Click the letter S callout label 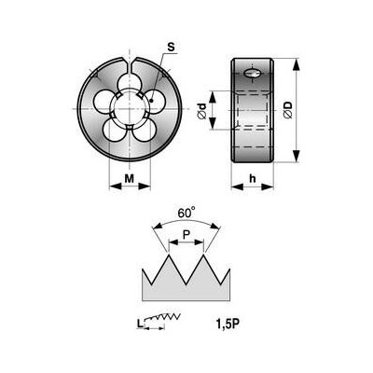171,48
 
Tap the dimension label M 130,178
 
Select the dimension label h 253,178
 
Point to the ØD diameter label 288,110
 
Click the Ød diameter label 201,111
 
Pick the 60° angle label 186,214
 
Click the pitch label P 186,235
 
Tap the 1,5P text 228,325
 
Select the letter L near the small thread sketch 140,325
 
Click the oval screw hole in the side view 252,74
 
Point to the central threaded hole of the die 130,108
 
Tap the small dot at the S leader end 151,101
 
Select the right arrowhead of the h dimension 268,186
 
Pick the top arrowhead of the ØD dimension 297,64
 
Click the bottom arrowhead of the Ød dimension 213,123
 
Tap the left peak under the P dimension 169,256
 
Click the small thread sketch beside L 162,318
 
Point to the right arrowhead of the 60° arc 215,227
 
